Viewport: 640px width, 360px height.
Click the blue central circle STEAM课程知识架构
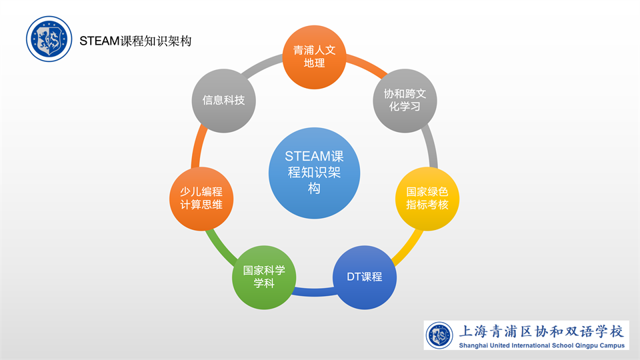[314, 173]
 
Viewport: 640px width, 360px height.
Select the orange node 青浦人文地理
[314, 57]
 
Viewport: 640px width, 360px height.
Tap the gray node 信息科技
[224, 101]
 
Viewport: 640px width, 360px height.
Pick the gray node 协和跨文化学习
[405, 101]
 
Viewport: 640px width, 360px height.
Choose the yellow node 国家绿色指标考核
[427, 199]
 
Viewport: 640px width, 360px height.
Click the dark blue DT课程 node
[365, 277]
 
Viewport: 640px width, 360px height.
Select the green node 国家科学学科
[264, 277]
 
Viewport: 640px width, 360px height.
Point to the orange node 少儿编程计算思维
[201, 199]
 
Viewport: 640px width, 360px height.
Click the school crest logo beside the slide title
[49, 39]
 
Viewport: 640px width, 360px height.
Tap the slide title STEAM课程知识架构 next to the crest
[135, 41]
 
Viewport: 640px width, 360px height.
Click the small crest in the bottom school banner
[439, 335]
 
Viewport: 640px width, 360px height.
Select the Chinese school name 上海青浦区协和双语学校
[541, 331]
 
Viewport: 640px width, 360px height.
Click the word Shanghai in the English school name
[473, 345]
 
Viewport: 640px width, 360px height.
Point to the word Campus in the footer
[611, 345]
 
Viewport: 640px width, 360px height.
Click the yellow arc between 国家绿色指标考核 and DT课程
[407, 247]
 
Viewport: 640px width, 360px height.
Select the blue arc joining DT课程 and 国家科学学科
[314, 292]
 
